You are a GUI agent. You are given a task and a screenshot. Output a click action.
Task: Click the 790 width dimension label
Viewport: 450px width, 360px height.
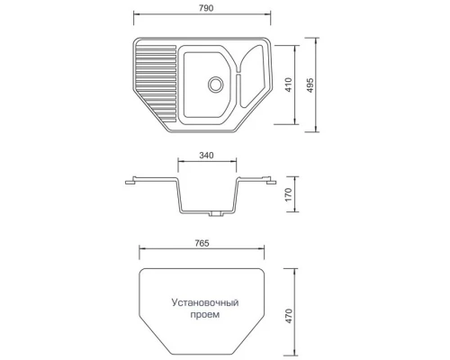click(x=208, y=9)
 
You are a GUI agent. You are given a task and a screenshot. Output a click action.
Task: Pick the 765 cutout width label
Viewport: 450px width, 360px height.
click(x=201, y=243)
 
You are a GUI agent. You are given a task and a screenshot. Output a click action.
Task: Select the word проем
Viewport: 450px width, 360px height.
click(x=202, y=318)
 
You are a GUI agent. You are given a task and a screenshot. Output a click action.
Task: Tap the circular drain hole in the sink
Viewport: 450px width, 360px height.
click(x=215, y=84)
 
